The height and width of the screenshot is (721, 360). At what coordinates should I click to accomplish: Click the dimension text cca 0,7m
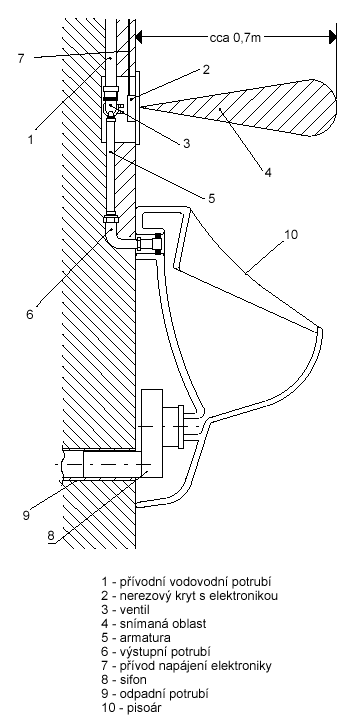[x=235, y=38]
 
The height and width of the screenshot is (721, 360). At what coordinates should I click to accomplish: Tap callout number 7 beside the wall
[x=21, y=59]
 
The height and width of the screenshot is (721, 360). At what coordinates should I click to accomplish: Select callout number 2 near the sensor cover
[x=206, y=69]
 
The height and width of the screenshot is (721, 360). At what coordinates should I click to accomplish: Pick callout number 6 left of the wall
[x=29, y=314]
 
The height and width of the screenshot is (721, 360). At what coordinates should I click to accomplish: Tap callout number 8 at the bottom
[x=51, y=535]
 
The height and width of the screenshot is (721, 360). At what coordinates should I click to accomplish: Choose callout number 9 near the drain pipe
[x=26, y=515]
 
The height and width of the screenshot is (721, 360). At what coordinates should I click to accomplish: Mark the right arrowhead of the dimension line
[x=331, y=37]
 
